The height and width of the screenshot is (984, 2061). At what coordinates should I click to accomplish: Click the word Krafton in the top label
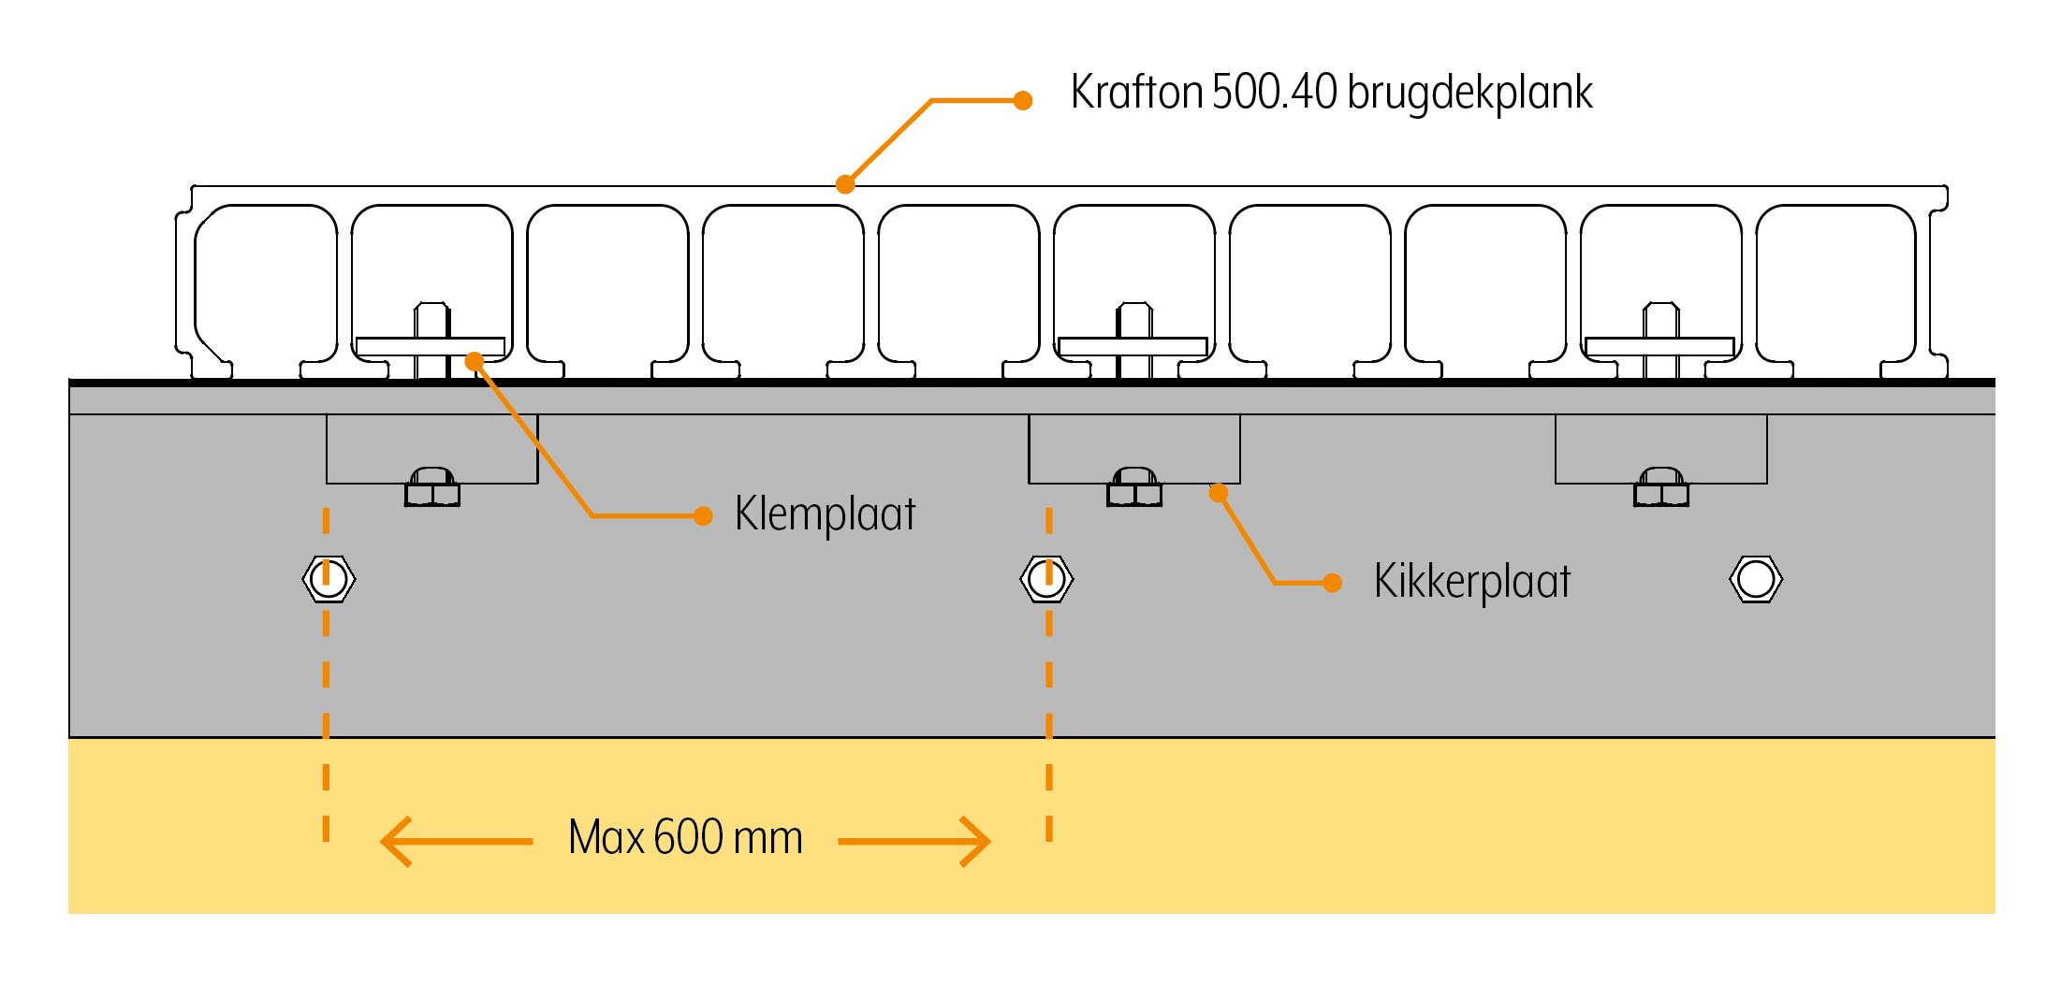point(1136,93)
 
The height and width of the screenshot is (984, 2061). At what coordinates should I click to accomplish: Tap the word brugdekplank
point(1469,93)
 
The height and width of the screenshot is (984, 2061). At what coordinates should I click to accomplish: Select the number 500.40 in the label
point(1274,93)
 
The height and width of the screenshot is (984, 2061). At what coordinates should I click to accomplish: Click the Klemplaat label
point(825,514)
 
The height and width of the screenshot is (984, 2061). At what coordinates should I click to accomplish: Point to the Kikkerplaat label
point(1471,582)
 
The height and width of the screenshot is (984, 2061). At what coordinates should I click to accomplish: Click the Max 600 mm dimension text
point(685,837)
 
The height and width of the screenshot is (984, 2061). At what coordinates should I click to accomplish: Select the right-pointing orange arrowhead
point(974,841)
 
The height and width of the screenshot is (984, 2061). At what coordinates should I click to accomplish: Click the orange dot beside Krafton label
point(1023,100)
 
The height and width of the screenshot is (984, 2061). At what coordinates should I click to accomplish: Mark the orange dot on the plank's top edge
point(845,184)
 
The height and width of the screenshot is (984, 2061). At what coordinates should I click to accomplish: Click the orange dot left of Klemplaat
point(703,515)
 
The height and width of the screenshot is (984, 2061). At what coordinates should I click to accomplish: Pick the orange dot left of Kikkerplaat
point(1333,583)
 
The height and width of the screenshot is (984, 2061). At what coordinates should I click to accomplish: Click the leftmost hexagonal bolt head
point(329,579)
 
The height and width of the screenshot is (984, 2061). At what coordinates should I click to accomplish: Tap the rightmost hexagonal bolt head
point(1756,579)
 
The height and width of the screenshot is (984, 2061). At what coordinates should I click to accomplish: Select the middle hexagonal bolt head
point(1046,579)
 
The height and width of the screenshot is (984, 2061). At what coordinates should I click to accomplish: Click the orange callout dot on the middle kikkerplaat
point(1218,493)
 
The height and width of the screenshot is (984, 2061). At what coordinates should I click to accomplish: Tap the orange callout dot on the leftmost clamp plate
point(475,361)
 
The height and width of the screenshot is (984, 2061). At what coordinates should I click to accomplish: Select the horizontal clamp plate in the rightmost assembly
point(1659,347)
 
